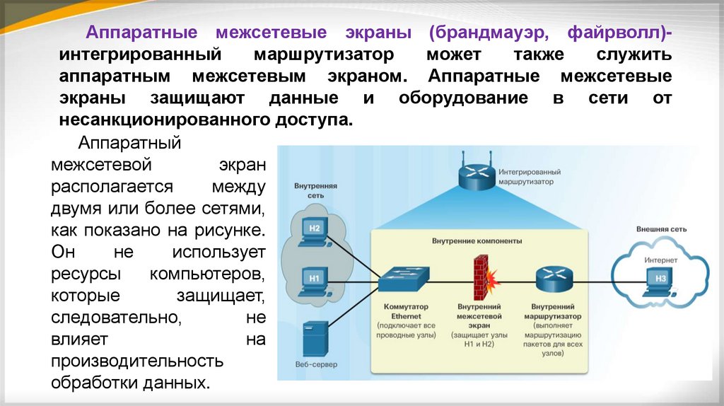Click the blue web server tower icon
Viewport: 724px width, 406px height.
tap(315, 340)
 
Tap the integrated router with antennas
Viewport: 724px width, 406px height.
tap(476, 175)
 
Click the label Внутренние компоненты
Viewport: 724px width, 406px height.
tap(477, 241)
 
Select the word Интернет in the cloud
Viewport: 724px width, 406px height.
tap(660, 260)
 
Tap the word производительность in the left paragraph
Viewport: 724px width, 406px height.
tap(137, 361)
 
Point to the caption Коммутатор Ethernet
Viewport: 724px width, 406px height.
tap(402, 313)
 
